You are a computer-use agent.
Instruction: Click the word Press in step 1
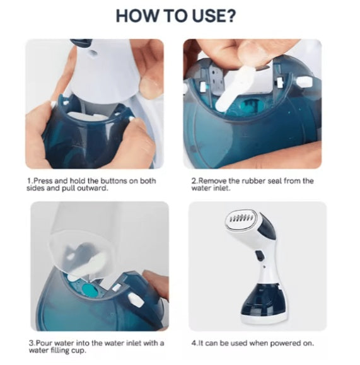(42, 181)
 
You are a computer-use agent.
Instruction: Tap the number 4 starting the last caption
(193, 343)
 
